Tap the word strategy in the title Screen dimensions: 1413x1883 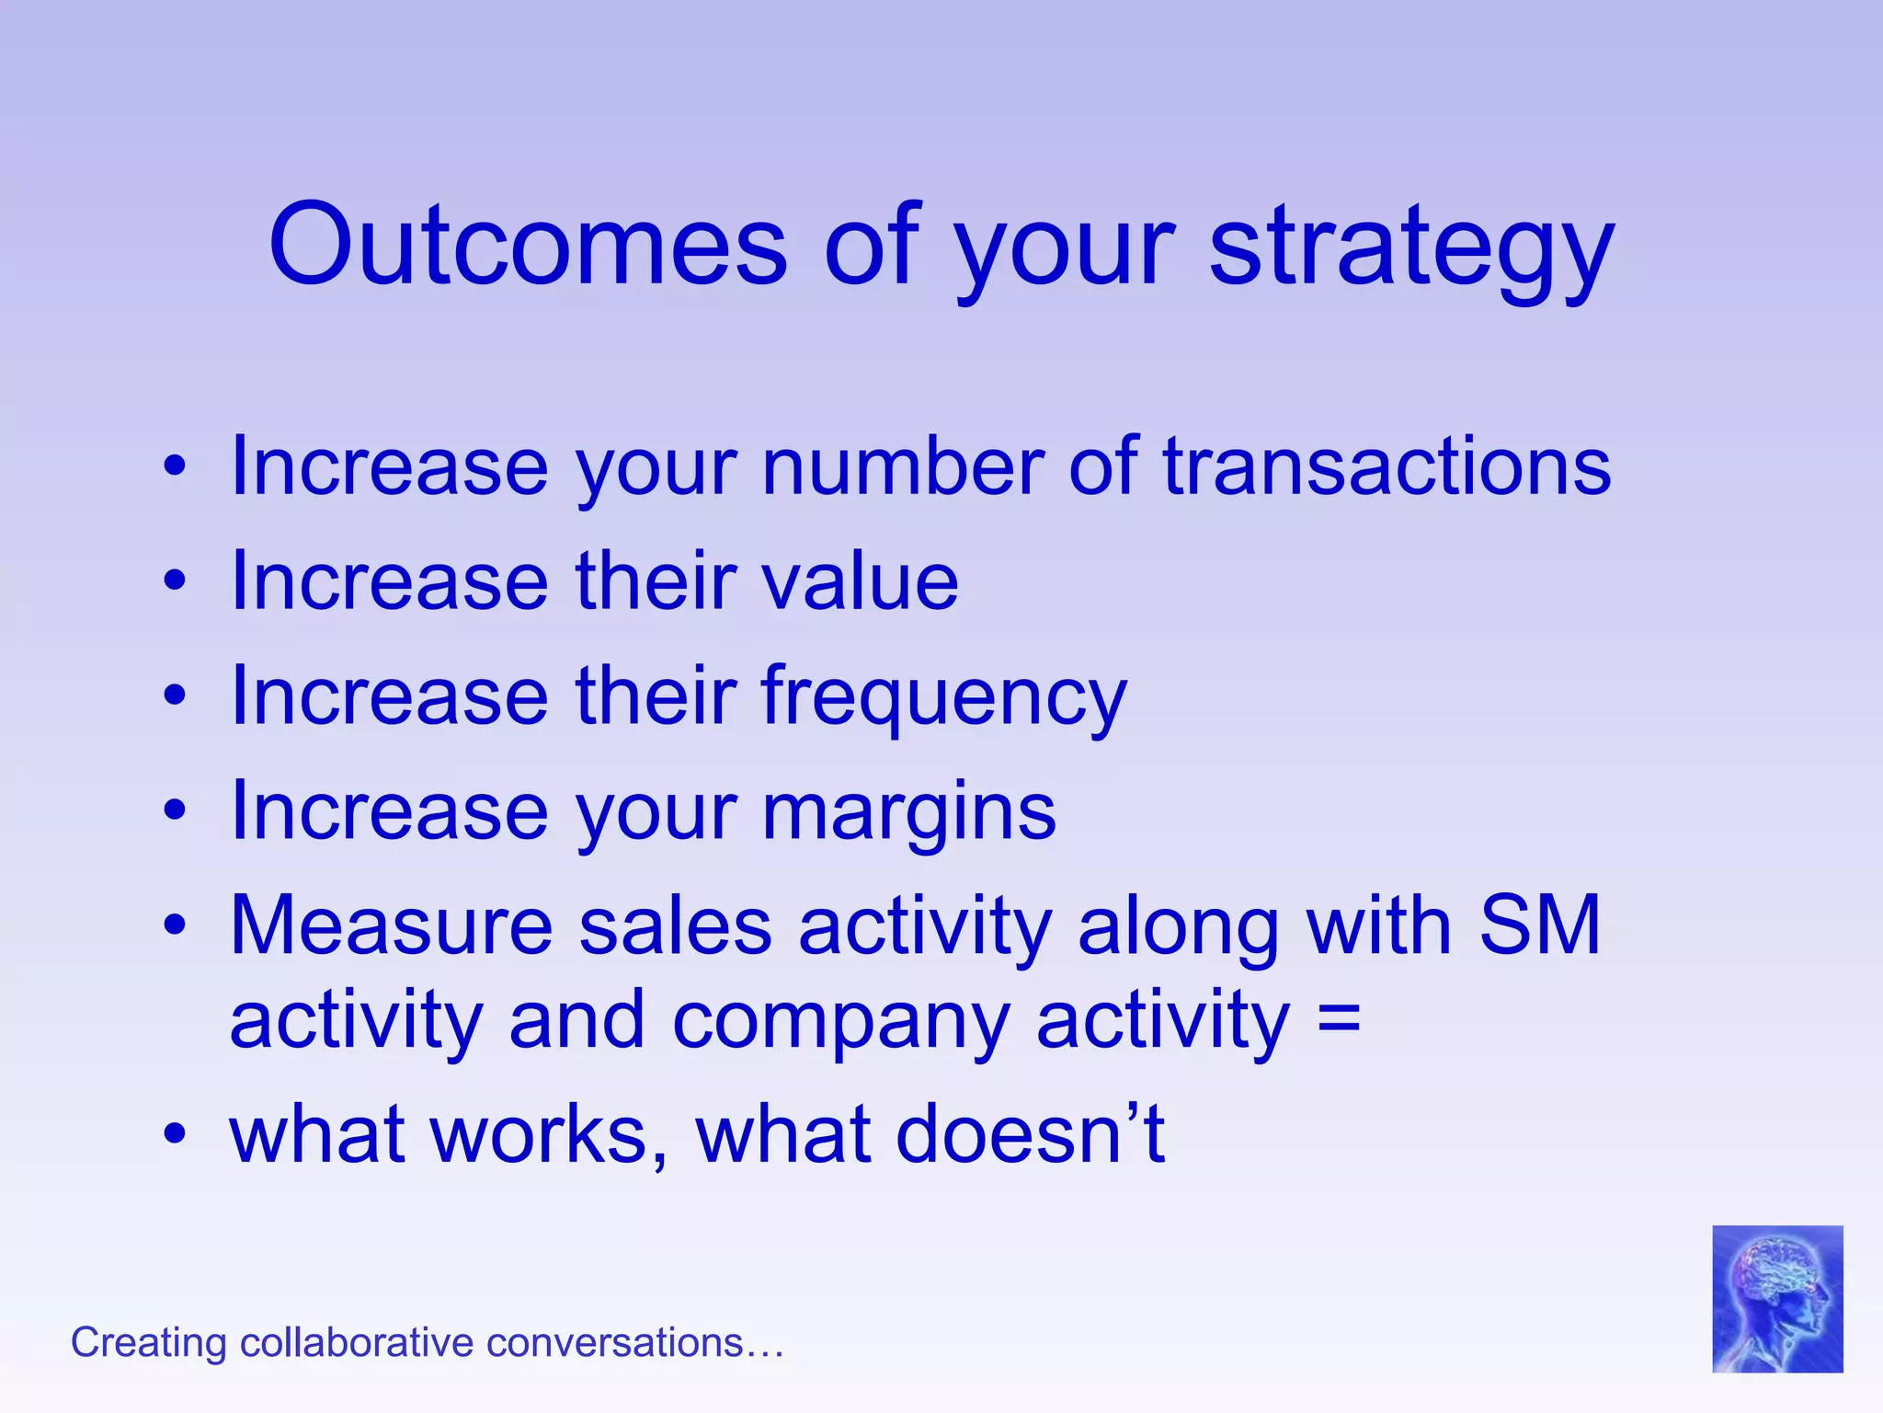tap(1411, 247)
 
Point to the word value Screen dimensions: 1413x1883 tap(860, 581)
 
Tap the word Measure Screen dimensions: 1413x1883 tap(391, 925)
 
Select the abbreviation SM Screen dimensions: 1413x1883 tap(1539, 925)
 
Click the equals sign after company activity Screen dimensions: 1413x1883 tap(1338, 1021)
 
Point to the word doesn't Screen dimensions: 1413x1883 tap(1030, 1133)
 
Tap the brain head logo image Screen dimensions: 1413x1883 tap(1776, 1298)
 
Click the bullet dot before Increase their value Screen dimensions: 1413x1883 tap(175, 581)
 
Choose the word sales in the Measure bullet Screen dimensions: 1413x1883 tap(675, 925)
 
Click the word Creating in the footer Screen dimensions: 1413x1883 tap(148, 1343)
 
